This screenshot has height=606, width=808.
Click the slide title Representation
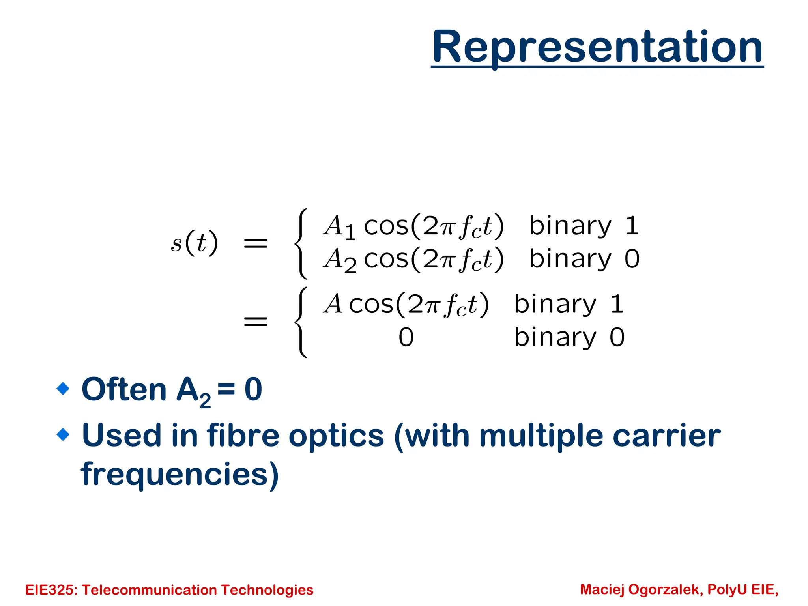click(597, 47)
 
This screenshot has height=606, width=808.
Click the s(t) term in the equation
click(194, 243)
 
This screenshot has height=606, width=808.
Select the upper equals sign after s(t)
click(256, 243)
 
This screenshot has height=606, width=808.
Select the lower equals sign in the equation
click(256, 322)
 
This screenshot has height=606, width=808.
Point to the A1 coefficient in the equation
click(339, 227)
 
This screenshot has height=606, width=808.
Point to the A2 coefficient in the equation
click(340, 260)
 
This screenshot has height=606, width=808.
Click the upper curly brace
click(301, 243)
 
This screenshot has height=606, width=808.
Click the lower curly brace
click(301, 322)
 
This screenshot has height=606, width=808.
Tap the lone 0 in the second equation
click(406, 338)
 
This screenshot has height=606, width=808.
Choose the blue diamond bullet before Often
click(63, 389)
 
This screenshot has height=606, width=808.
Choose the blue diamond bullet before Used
click(63, 435)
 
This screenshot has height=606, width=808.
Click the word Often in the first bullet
click(124, 389)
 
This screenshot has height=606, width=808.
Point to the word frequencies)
click(180, 474)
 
